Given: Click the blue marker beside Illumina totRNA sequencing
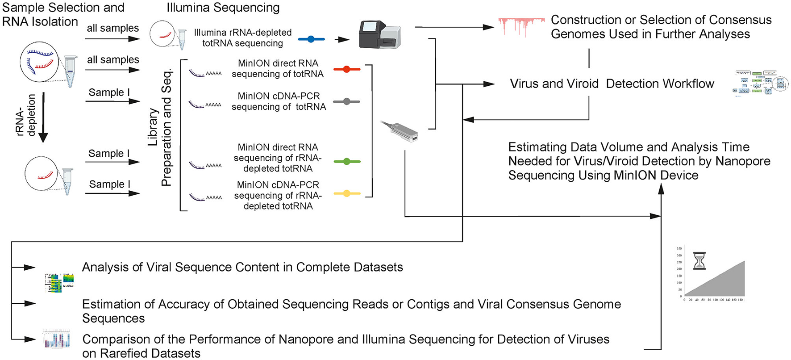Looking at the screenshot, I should click(311, 39).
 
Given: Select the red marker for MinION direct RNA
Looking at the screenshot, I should click(346, 69).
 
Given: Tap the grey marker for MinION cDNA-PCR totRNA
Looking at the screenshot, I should click(346, 102).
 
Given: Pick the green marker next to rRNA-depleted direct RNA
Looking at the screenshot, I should click(347, 161).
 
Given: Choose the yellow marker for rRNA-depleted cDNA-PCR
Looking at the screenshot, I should click(347, 193).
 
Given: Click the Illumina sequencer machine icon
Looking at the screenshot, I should click(379, 34).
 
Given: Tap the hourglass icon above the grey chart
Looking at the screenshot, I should click(699, 261).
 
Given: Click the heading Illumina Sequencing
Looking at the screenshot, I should click(223, 8).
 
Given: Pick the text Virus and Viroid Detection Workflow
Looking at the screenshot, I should click(612, 84).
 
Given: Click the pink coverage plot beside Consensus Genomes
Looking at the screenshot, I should click(520, 25).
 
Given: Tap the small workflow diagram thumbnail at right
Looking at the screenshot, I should click(760, 83).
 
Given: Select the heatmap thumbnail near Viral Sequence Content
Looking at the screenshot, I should click(60, 282).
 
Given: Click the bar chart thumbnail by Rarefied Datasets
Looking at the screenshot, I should click(57, 339).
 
